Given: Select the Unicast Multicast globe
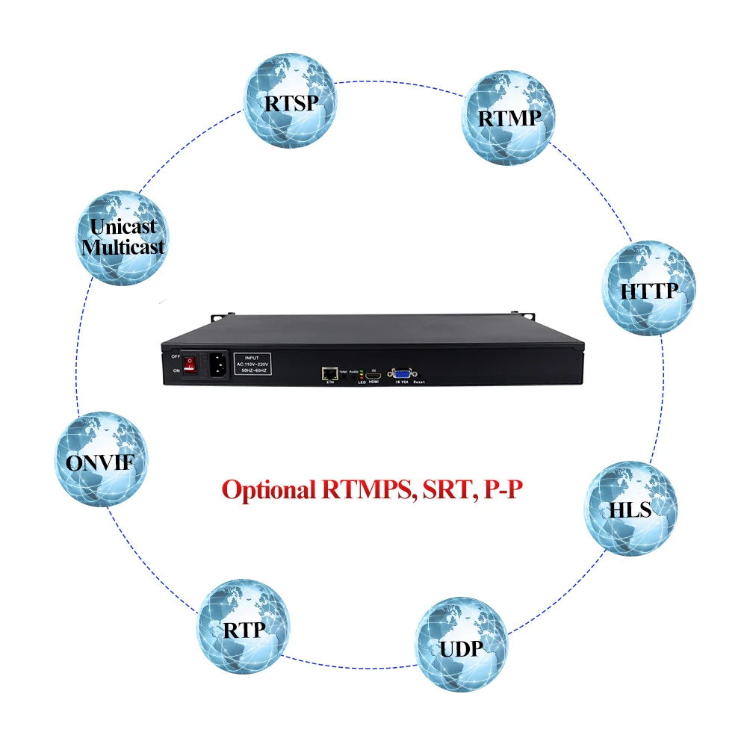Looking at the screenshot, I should click(124, 237).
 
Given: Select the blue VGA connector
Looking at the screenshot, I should click(402, 375).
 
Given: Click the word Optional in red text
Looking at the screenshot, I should click(270, 490).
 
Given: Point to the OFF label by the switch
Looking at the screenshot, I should click(176, 356).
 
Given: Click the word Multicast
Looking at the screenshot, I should click(124, 247).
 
